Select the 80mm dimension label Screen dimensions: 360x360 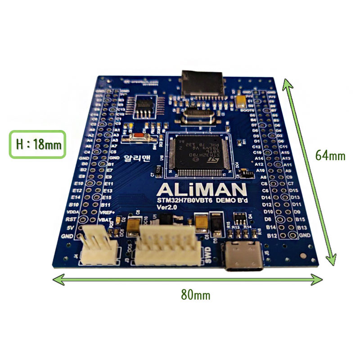click(195, 295)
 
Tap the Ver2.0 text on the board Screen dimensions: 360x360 click(167, 207)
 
